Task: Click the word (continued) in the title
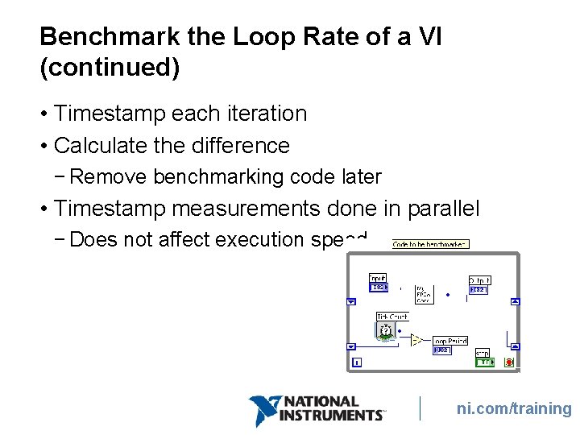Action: pyautogui.click(x=110, y=68)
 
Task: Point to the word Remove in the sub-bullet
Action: pyautogui.click(x=114, y=176)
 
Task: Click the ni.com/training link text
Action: pyautogui.click(x=514, y=408)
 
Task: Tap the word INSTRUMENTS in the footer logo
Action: pyautogui.click(x=331, y=416)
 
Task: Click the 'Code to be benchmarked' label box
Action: pyautogui.click(x=430, y=243)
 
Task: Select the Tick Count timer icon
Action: pyautogui.click(x=386, y=331)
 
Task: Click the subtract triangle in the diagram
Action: pyautogui.click(x=416, y=340)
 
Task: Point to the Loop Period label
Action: pyautogui.click(x=450, y=341)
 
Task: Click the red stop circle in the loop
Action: pyautogui.click(x=509, y=362)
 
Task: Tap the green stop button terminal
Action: pyautogui.click(x=483, y=362)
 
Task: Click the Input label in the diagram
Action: pyautogui.click(x=377, y=278)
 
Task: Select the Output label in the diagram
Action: pyautogui.click(x=479, y=280)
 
